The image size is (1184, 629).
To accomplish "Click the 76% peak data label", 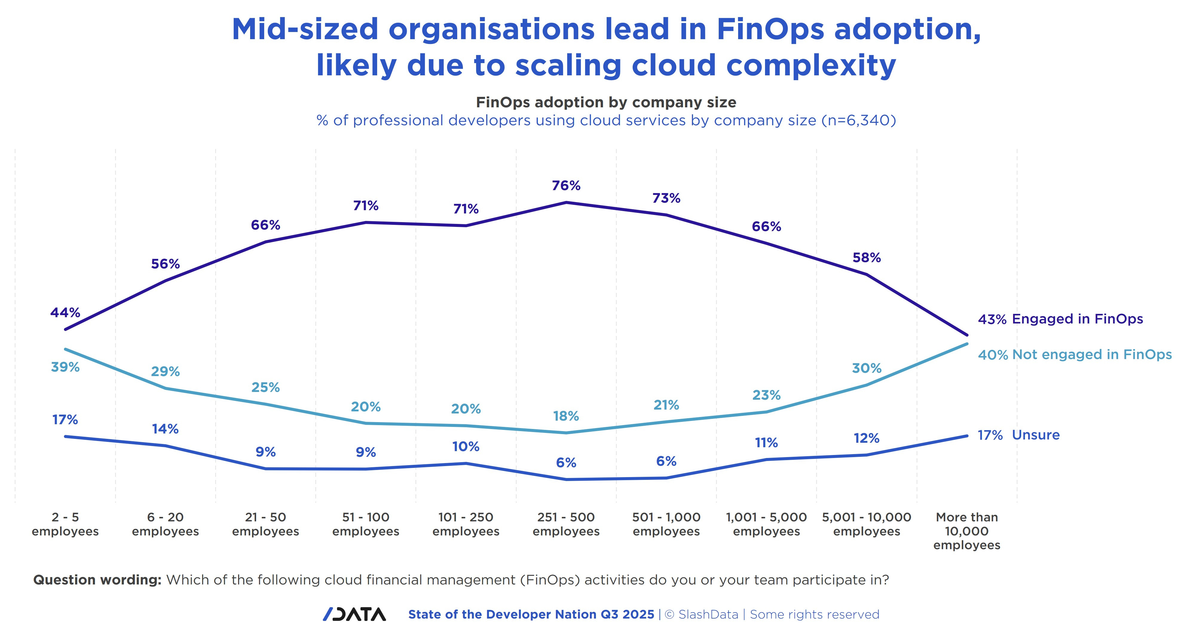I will (x=566, y=186).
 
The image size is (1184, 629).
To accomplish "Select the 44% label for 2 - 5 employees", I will (x=65, y=313).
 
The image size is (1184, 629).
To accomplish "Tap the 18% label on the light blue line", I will (x=566, y=416).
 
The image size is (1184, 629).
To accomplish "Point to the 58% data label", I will (x=866, y=257).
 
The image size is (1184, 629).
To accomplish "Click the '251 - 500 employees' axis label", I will (x=566, y=524).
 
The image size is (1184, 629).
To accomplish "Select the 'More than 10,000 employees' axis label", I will (x=967, y=531).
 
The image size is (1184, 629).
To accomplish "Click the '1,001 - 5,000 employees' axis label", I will (x=766, y=524).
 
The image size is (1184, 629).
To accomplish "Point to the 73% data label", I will (x=666, y=198).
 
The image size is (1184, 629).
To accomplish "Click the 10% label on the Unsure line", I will (x=466, y=446).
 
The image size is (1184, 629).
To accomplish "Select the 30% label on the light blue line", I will (x=866, y=368).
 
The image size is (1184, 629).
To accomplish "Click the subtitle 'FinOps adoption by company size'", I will (x=606, y=102).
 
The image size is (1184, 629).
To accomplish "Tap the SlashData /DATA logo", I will (x=354, y=614).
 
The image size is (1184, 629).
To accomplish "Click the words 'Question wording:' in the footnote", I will (x=97, y=580).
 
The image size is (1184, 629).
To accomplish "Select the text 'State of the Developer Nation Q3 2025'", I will (x=531, y=615).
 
